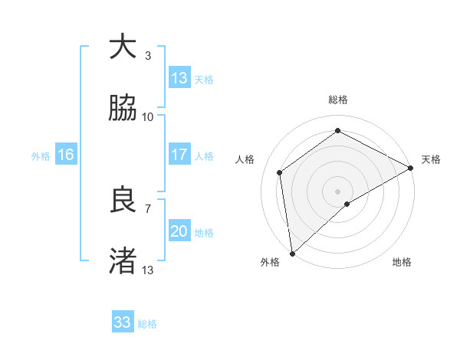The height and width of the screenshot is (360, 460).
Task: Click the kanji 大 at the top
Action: pos(123,47)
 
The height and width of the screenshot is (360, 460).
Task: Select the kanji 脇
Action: pos(123,109)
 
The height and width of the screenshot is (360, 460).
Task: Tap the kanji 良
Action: pos(123,201)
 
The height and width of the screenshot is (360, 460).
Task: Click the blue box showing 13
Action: pos(179,78)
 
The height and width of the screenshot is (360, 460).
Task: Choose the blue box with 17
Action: pos(179,155)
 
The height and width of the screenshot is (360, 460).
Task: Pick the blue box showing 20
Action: pos(179,231)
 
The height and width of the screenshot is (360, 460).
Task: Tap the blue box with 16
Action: pos(66,155)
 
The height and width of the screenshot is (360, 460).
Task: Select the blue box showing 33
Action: pos(123,322)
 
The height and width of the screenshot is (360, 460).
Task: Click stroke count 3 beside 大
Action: pos(147,56)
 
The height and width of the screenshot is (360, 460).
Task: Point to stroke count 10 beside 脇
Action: pos(148,117)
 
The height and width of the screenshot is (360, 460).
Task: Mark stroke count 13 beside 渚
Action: pos(148,270)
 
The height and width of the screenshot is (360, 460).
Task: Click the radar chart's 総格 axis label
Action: pos(338,100)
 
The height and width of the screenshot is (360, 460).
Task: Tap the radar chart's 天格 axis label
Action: pos(431,159)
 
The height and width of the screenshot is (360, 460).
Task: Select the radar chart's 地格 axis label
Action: pos(402,262)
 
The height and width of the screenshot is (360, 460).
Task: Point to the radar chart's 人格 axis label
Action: pos(245,159)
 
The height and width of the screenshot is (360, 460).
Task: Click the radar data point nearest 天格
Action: pos(411,168)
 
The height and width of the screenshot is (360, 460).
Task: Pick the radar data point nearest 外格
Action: pos(292,253)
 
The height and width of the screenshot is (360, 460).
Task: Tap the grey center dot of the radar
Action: pos(337,191)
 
